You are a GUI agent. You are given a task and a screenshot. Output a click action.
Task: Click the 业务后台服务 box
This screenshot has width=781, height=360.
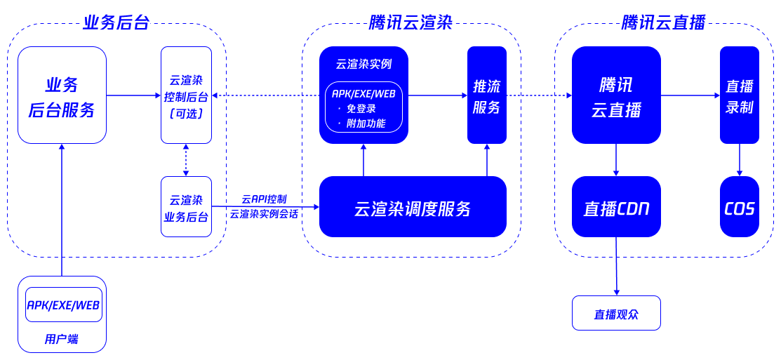[x=62, y=95]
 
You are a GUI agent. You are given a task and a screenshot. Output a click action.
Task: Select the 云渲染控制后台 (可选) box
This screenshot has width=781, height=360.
[x=186, y=95]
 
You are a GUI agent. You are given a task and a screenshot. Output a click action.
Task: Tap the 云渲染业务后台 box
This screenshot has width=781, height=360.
[x=186, y=207]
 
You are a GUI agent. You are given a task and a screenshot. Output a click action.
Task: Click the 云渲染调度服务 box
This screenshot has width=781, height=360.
[x=413, y=207]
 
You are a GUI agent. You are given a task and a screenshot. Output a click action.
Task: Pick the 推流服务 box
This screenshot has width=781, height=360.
[x=487, y=95]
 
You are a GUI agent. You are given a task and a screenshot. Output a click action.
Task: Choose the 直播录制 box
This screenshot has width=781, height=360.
[x=740, y=95]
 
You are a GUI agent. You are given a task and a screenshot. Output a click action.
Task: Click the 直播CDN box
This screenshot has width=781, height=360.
[x=616, y=207]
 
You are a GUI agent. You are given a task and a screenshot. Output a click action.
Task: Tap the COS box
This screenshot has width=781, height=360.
[x=740, y=207]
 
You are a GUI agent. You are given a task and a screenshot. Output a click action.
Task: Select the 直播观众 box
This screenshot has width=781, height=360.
[x=616, y=314]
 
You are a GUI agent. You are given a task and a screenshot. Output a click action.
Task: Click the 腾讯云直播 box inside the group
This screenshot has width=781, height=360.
[x=616, y=95]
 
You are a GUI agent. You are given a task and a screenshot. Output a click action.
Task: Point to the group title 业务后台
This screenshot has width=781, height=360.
[x=116, y=22]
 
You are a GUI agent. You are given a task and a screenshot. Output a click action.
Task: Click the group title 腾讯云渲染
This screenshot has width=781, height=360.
[x=411, y=22]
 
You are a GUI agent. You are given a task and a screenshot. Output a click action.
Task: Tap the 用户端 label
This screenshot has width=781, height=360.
[x=62, y=340]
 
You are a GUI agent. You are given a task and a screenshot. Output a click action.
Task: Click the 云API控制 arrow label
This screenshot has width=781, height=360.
[x=264, y=199]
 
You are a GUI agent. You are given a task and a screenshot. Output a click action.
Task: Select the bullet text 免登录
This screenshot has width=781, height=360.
[x=361, y=109]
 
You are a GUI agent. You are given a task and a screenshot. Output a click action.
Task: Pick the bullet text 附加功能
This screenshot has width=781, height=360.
[x=366, y=124]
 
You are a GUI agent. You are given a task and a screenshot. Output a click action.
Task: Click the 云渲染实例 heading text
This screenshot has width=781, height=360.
[x=363, y=64]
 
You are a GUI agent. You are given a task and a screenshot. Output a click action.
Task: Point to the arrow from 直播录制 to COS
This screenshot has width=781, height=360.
[x=740, y=160]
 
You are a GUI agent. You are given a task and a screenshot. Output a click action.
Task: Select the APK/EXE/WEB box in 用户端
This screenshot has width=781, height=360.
[x=64, y=305]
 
